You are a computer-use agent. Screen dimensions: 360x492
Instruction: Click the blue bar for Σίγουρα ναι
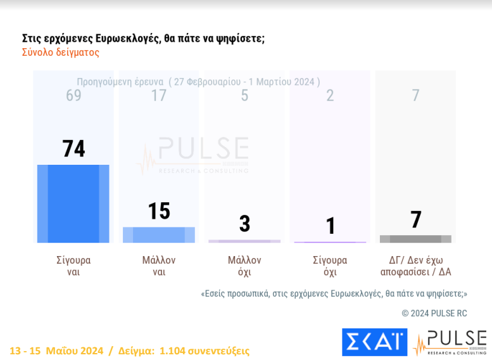73,203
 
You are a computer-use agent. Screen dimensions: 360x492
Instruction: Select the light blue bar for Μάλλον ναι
159,235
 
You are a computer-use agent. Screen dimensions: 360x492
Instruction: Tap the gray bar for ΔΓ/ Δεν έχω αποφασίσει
415,239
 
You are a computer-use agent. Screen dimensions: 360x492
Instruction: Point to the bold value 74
73,148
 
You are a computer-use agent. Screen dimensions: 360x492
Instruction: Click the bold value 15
159,211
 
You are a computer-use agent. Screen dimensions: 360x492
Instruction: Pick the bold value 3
244,223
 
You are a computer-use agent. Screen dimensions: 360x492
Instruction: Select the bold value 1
330,226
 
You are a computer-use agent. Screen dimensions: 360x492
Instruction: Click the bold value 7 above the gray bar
415,220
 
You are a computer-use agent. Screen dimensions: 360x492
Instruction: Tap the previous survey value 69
73,96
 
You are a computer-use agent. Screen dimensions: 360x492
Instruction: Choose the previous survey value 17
159,96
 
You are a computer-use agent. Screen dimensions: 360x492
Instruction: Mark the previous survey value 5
244,96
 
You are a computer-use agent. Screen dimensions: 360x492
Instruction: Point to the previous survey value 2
330,96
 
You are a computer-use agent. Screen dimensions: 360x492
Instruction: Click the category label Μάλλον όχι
244,266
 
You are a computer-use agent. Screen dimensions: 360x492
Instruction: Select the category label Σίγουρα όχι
330,266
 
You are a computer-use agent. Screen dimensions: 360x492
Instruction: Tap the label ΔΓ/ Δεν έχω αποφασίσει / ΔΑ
415,266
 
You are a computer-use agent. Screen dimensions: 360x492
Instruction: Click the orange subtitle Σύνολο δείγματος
61,53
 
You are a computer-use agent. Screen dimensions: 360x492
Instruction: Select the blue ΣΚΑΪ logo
374,342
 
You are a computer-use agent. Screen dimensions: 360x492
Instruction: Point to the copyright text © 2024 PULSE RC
434,313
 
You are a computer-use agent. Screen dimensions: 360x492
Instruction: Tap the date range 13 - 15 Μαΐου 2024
56,350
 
